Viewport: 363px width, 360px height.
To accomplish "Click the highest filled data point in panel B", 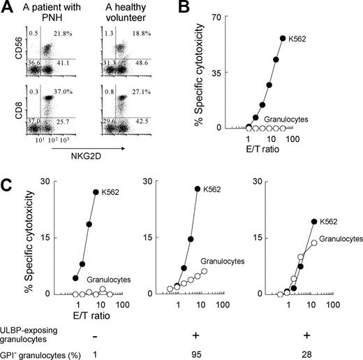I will point(282,39).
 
